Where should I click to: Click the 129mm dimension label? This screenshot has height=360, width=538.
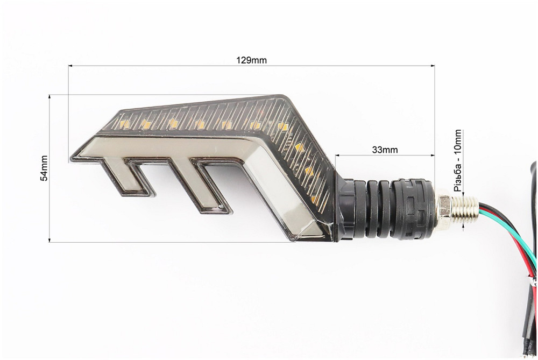click(x=251, y=60)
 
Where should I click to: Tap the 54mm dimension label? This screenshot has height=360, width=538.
click(x=44, y=168)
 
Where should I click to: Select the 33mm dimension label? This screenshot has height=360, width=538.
click(x=385, y=150)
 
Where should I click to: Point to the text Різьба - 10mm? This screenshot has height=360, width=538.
click(x=457, y=160)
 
